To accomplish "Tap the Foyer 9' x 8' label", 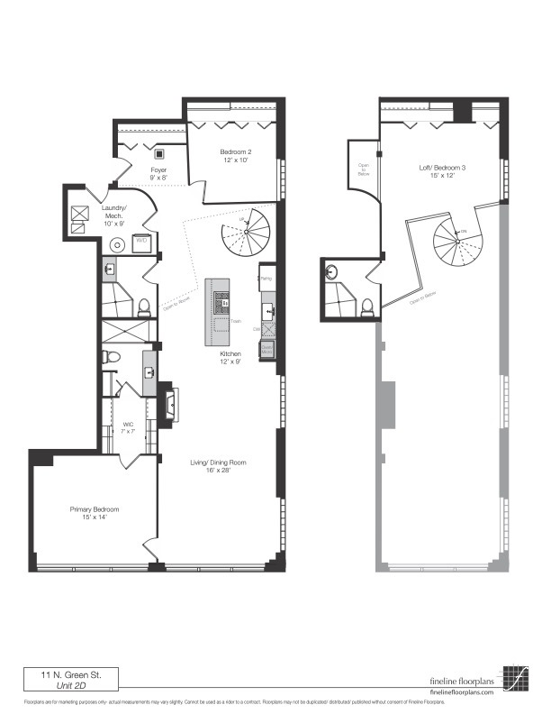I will point(158,173).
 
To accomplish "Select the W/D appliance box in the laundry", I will point(141,242).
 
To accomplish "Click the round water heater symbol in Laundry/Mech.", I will point(117,243).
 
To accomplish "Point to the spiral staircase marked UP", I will point(247,232).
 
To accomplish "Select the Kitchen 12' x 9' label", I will point(231,358).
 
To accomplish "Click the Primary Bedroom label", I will point(95,513).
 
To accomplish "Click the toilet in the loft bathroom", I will point(366,307).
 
